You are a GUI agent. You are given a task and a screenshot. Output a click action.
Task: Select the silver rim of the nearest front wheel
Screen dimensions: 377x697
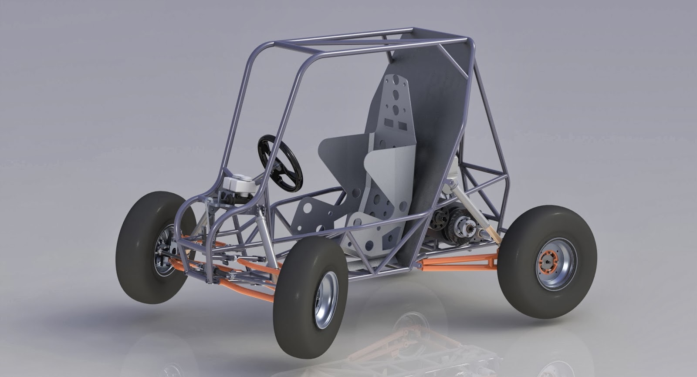(x=326, y=300)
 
